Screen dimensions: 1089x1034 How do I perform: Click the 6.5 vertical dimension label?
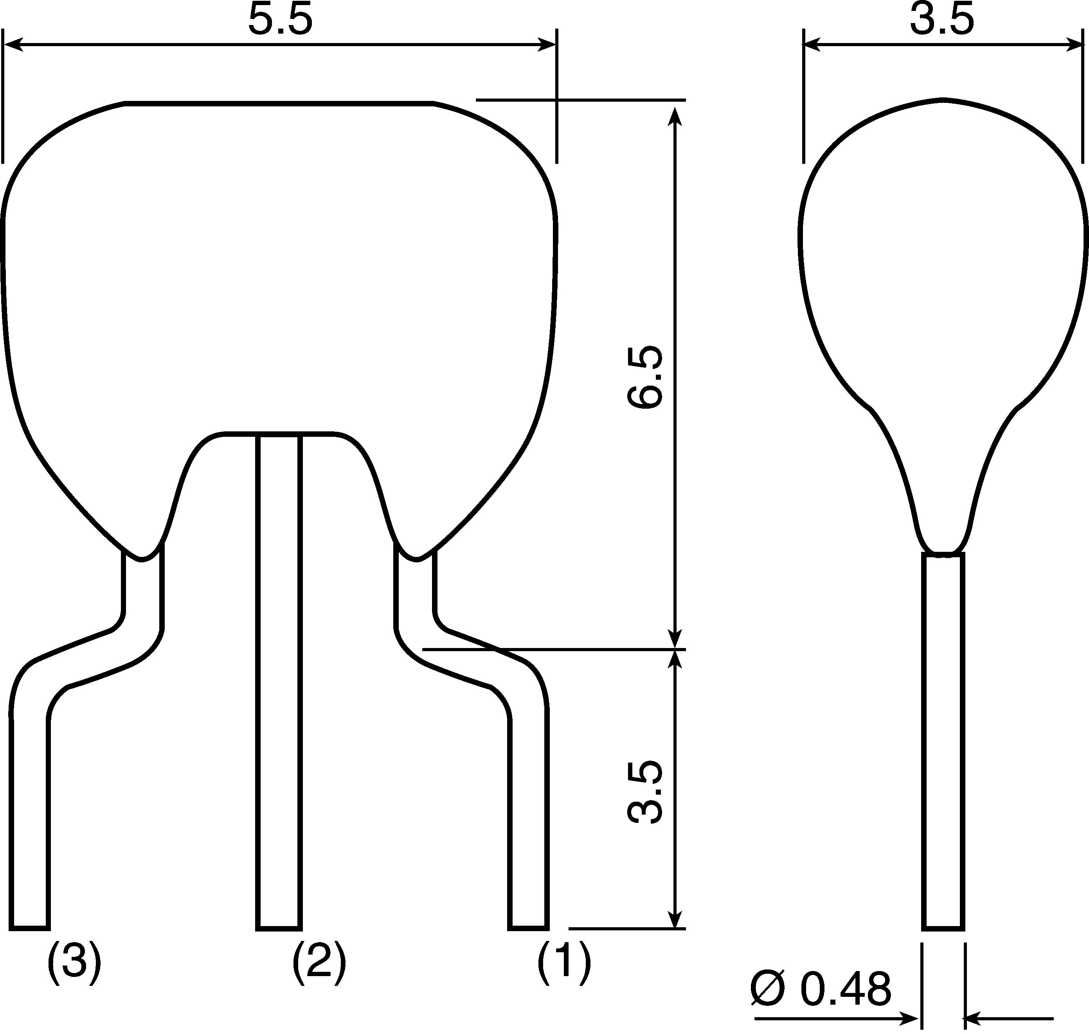[644, 377]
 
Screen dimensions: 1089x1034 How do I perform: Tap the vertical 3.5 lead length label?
[644, 793]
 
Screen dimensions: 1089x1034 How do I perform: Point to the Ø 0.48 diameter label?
[821, 989]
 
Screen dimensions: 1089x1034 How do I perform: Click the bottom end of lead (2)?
[279, 928]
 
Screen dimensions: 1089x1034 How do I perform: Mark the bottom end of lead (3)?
[30, 928]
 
